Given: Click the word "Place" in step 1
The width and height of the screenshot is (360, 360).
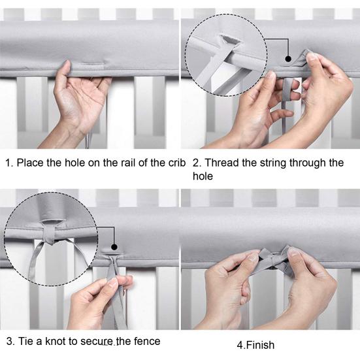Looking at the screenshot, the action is [29, 163].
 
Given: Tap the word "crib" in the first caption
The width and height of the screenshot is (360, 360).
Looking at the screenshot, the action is [177, 163].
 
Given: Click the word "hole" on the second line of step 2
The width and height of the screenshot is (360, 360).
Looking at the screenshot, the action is [203, 176].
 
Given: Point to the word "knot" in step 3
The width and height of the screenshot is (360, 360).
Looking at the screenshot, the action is [55, 341].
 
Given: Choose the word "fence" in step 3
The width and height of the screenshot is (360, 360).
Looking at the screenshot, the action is [147, 341].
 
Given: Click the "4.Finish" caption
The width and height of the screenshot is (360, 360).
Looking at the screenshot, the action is [255, 345].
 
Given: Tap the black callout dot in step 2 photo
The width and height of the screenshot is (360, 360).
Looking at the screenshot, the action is [288, 59].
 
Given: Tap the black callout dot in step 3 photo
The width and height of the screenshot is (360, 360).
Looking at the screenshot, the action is [114, 247].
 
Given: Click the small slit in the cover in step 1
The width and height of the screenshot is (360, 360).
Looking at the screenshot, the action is [93, 63].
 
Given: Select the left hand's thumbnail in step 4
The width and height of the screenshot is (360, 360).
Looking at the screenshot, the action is [254, 258].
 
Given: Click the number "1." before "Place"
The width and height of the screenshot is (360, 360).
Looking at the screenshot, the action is [9, 163].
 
